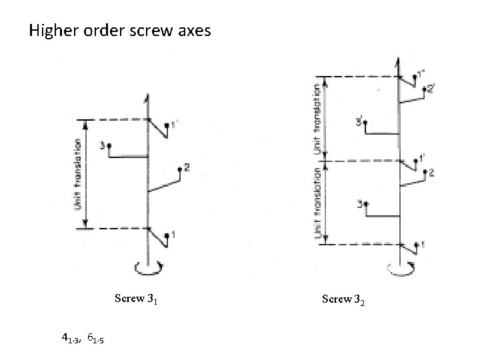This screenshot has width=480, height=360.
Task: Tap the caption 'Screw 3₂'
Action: tap(343, 299)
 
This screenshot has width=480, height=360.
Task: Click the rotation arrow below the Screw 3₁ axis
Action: tap(147, 268)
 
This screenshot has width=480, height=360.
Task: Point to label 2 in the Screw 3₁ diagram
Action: tap(187, 168)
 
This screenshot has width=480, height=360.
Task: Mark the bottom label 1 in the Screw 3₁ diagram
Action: tap(173, 233)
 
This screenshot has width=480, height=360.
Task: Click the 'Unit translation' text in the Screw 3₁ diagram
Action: tap(78, 174)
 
